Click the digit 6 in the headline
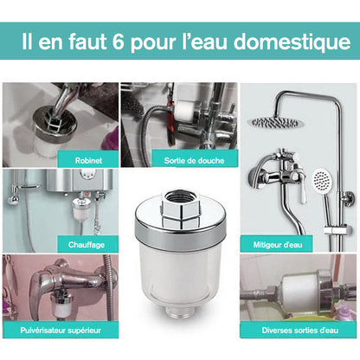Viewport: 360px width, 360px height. (x=119, y=42)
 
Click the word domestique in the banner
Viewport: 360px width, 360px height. (x=292, y=42)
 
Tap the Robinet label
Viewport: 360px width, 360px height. (x=88, y=160)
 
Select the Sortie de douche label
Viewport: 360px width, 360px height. (x=194, y=160)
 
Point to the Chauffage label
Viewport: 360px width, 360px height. (x=87, y=245)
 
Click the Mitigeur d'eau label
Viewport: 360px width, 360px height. (x=278, y=245)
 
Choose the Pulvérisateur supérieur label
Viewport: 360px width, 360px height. (x=61, y=331)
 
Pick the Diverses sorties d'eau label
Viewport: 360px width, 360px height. (x=300, y=331)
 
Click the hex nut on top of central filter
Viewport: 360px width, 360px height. (x=181, y=208)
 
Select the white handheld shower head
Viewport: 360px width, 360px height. (x=321, y=180)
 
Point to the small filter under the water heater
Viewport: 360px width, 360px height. (x=80, y=209)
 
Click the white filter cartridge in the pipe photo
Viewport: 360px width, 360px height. (x=300, y=292)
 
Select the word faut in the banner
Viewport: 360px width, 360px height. (x=87, y=42)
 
